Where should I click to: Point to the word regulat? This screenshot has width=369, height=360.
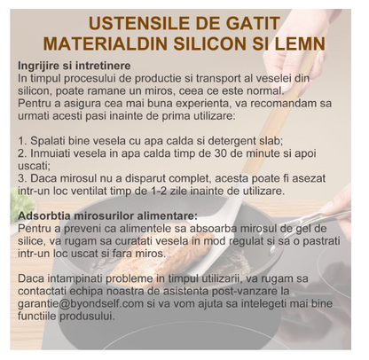(231, 239)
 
